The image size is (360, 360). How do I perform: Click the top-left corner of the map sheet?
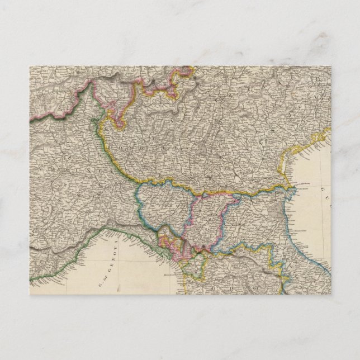(x=30, y=67)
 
